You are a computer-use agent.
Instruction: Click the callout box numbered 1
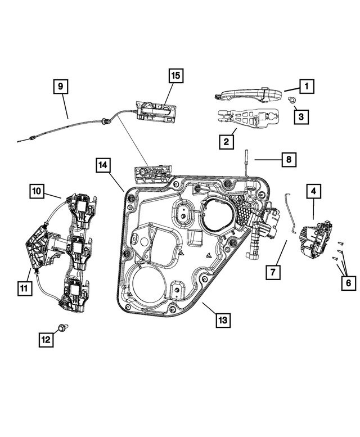[307, 87]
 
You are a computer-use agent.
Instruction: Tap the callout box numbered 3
[301, 117]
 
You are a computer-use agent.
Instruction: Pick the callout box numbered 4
[313, 192]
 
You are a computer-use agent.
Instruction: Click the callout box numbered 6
[348, 283]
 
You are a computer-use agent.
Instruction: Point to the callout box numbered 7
[272, 272]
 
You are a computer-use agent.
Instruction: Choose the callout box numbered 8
[287, 160]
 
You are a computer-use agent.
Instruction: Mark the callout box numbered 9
[61, 87]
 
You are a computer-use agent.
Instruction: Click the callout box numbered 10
[37, 192]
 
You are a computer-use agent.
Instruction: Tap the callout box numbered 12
[46, 339]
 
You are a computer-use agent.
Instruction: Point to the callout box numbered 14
[102, 165]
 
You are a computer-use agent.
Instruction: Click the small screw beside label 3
[291, 100]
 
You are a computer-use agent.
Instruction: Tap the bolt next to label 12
[62, 327]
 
